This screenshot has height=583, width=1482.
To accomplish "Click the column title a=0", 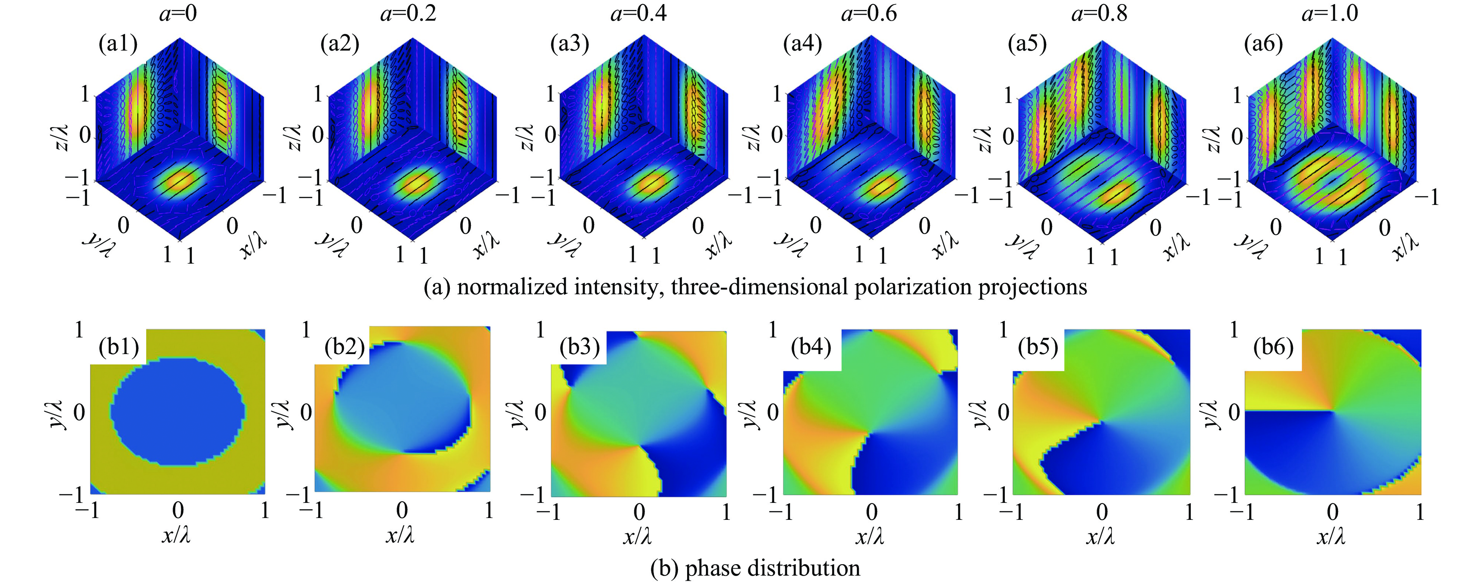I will click(178, 13).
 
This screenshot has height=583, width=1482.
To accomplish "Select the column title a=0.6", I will click(869, 13).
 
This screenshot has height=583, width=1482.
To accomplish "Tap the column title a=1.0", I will click(1330, 13).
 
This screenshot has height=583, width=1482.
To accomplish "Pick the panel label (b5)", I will click(1038, 347).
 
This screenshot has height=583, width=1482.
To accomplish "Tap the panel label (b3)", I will click(580, 347).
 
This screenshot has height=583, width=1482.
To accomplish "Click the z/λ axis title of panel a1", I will click(63, 138).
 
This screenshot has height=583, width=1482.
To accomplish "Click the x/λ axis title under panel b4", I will click(869, 536).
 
